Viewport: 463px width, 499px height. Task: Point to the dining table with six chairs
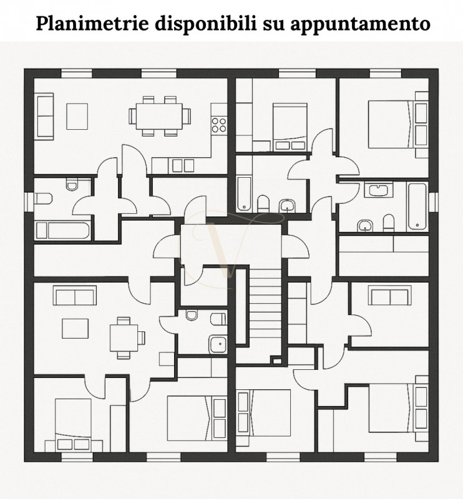[159, 115]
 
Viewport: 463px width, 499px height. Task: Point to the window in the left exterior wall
[27, 202]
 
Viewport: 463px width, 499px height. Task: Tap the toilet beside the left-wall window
[43, 198]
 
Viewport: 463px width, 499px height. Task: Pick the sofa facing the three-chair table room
[75, 294]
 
